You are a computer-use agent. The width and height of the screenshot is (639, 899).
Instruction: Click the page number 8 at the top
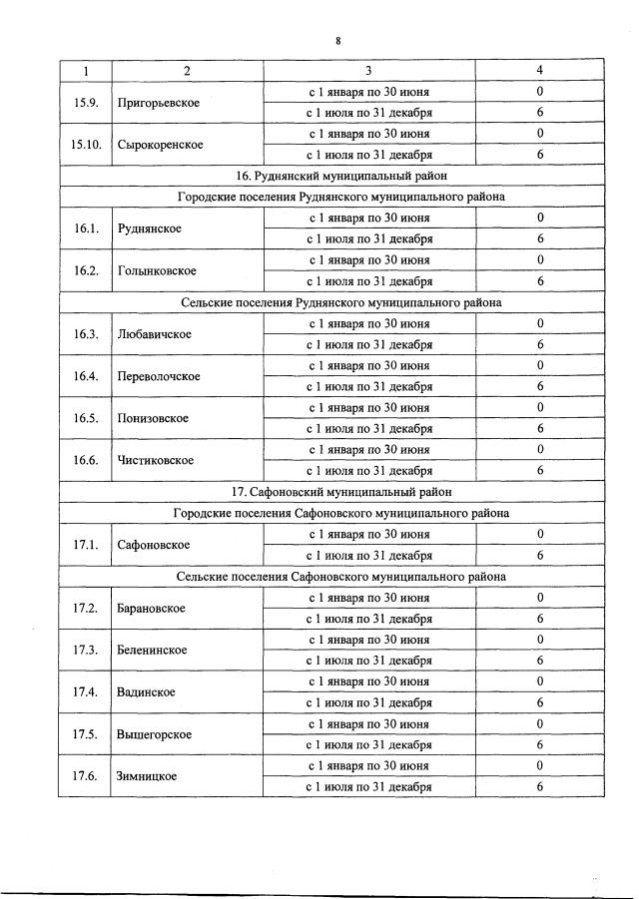338,41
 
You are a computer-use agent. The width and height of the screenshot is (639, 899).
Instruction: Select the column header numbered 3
368,71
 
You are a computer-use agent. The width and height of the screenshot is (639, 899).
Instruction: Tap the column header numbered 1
85,71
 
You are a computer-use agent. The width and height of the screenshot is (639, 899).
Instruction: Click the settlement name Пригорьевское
158,103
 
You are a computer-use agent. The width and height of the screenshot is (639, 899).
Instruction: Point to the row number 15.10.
85,145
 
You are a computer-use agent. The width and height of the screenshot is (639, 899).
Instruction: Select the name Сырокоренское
160,145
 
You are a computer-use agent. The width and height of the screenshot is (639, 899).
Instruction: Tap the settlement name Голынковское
157,270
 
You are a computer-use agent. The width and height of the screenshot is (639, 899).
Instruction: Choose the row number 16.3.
85,334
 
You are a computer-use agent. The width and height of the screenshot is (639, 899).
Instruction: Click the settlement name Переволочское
158,376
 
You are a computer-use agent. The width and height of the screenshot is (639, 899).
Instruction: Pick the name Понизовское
154,418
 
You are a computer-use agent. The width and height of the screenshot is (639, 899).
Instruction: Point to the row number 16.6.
85,460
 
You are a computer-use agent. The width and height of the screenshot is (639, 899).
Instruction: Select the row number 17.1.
85,545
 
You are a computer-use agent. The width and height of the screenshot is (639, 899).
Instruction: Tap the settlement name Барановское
151,608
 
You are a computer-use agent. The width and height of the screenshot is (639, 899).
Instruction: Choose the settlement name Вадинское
146,691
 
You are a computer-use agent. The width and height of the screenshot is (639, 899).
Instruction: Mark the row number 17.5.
85,734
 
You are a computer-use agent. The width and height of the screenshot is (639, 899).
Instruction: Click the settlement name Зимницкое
147,776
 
